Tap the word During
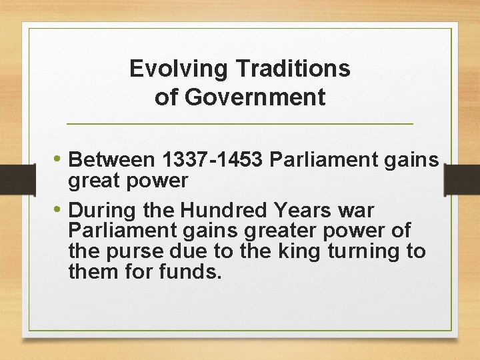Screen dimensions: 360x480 [x=101, y=210]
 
